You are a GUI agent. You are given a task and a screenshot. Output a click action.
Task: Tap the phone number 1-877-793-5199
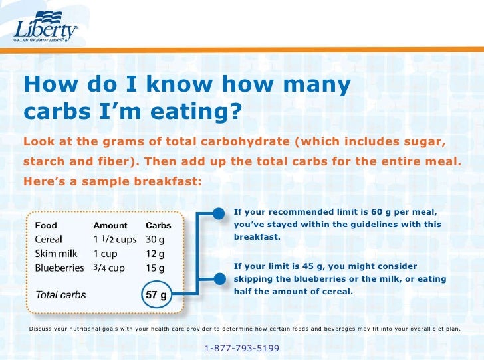tap(242, 348)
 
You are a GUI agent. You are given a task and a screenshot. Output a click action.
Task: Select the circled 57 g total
tap(157, 294)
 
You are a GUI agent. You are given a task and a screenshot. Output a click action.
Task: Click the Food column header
tap(46, 225)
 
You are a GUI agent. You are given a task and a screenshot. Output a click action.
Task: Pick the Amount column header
tap(110, 225)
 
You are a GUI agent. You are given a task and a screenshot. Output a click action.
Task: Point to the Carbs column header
tap(158, 225)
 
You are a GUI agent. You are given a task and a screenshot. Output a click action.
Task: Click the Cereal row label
tap(49, 239)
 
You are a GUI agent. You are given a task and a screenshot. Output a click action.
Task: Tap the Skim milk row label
tap(55, 254)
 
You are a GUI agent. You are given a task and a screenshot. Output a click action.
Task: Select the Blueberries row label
tap(59, 268)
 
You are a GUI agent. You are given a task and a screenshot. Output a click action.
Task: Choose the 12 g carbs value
tap(156, 254)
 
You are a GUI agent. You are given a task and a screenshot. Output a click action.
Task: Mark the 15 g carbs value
tap(156, 268)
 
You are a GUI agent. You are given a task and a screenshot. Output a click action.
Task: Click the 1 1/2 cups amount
tap(114, 239)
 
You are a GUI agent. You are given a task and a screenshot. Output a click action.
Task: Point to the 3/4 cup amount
tap(109, 268)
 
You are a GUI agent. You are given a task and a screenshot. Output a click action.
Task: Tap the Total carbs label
tap(60, 294)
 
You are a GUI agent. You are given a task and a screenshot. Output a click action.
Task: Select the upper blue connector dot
tap(219, 213)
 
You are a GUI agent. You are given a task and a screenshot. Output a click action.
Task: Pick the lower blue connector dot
tap(219, 279)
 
